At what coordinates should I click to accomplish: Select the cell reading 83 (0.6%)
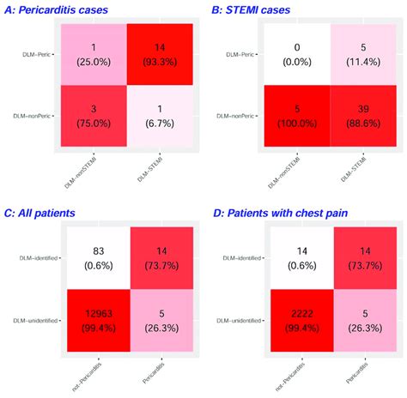click(x=96, y=254)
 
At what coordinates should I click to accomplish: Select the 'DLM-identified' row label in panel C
click(x=33, y=254)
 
